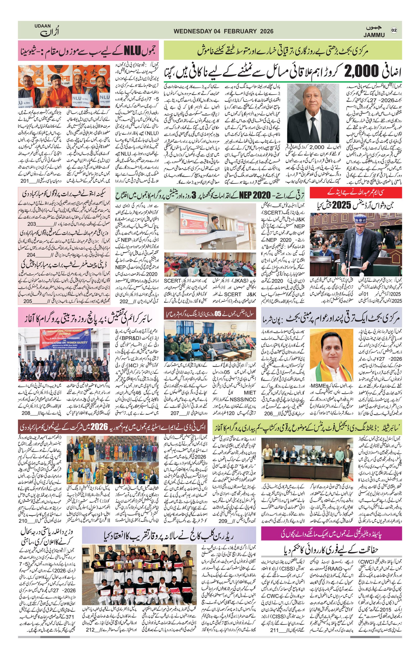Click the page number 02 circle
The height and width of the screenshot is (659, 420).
[394, 30]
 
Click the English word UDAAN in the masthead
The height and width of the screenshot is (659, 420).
[43, 26]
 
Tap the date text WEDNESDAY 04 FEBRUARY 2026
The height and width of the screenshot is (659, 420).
[223, 31]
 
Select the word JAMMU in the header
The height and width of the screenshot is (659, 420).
[374, 35]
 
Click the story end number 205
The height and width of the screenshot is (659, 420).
[28, 301]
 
